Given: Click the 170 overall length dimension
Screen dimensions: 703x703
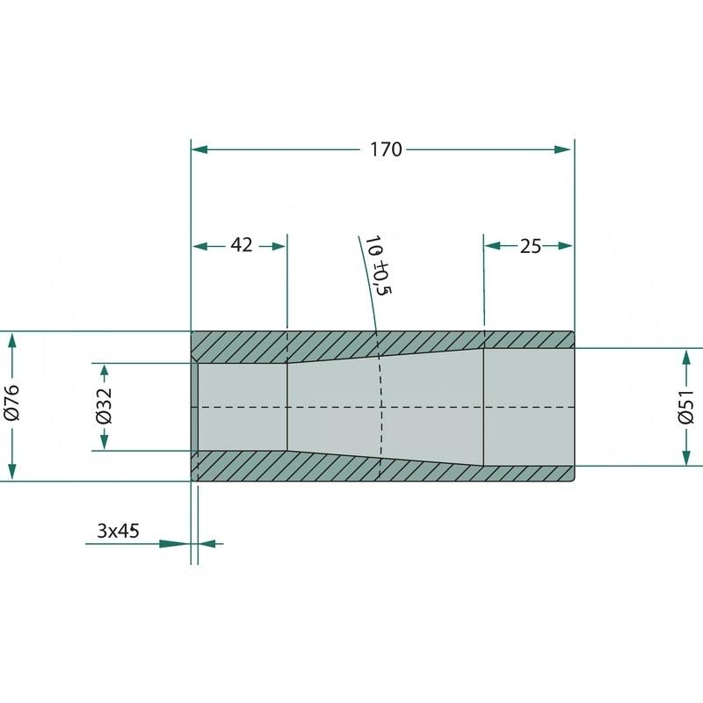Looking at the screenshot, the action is [x=386, y=149].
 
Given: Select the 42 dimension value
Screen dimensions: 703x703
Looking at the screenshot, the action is [x=242, y=245].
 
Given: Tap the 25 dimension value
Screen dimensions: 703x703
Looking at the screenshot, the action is [x=531, y=247].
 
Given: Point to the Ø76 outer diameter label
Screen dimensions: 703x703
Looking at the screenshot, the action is [x=12, y=402].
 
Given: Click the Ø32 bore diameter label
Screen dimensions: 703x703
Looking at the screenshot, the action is [x=105, y=406].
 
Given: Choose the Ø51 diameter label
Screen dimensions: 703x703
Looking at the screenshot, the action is [x=686, y=407].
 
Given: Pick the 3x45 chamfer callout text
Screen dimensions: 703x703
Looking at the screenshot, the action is [x=118, y=531].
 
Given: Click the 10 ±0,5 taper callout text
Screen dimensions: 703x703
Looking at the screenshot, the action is [x=378, y=265].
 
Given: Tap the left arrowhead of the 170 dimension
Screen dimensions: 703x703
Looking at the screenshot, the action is [x=199, y=149].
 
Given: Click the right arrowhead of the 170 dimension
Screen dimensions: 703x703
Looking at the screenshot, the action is [x=562, y=149].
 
